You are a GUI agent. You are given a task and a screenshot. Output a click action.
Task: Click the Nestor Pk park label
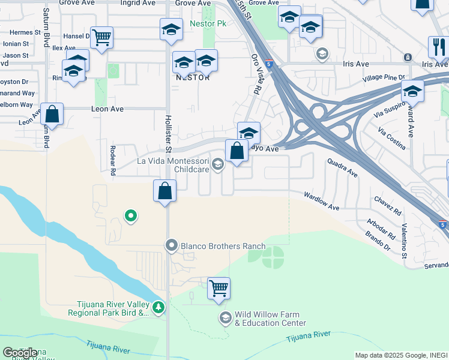(x=208, y=24)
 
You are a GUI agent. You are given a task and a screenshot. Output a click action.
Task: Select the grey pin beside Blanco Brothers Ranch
(x=172, y=245)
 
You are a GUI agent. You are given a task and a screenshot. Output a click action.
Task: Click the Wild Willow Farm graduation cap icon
(x=226, y=317)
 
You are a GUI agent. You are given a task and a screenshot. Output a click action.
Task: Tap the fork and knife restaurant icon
(x=438, y=46)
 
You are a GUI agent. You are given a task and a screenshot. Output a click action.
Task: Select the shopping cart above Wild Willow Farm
(x=218, y=288)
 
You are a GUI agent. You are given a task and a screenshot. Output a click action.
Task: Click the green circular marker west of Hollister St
(x=130, y=216)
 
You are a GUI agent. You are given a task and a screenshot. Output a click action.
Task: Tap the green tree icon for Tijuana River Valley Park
(x=158, y=308)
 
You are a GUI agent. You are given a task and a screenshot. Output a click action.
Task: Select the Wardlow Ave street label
(x=321, y=201)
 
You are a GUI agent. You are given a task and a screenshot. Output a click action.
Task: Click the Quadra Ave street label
(x=342, y=167)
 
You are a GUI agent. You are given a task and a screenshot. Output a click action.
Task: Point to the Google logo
(x=20, y=353)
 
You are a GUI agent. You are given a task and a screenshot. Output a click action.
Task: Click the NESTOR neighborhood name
(x=192, y=77)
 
